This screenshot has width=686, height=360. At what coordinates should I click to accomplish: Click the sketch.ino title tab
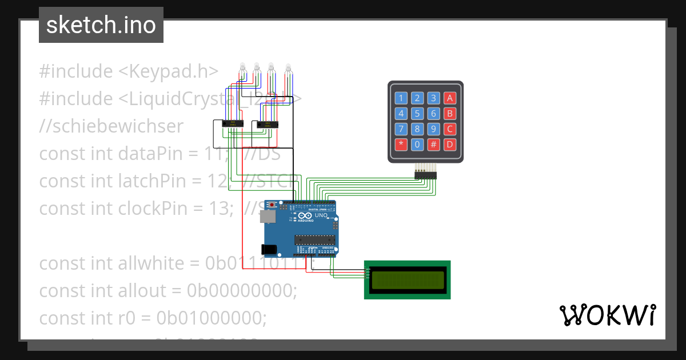click(101, 25)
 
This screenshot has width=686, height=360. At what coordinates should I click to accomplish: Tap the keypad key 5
click(417, 113)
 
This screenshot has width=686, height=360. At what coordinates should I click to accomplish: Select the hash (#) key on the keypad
click(434, 144)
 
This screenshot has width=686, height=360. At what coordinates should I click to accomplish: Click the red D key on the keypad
click(450, 144)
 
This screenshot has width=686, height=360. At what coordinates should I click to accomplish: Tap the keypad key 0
click(417, 144)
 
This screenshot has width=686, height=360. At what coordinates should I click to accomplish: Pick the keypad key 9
click(434, 129)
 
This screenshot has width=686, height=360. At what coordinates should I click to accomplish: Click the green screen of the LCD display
click(407, 280)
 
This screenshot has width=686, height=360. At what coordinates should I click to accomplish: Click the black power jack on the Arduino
click(269, 249)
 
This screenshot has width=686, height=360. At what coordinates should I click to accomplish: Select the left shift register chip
click(233, 123)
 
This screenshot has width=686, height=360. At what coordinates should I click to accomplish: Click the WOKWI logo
click(607, 315)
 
